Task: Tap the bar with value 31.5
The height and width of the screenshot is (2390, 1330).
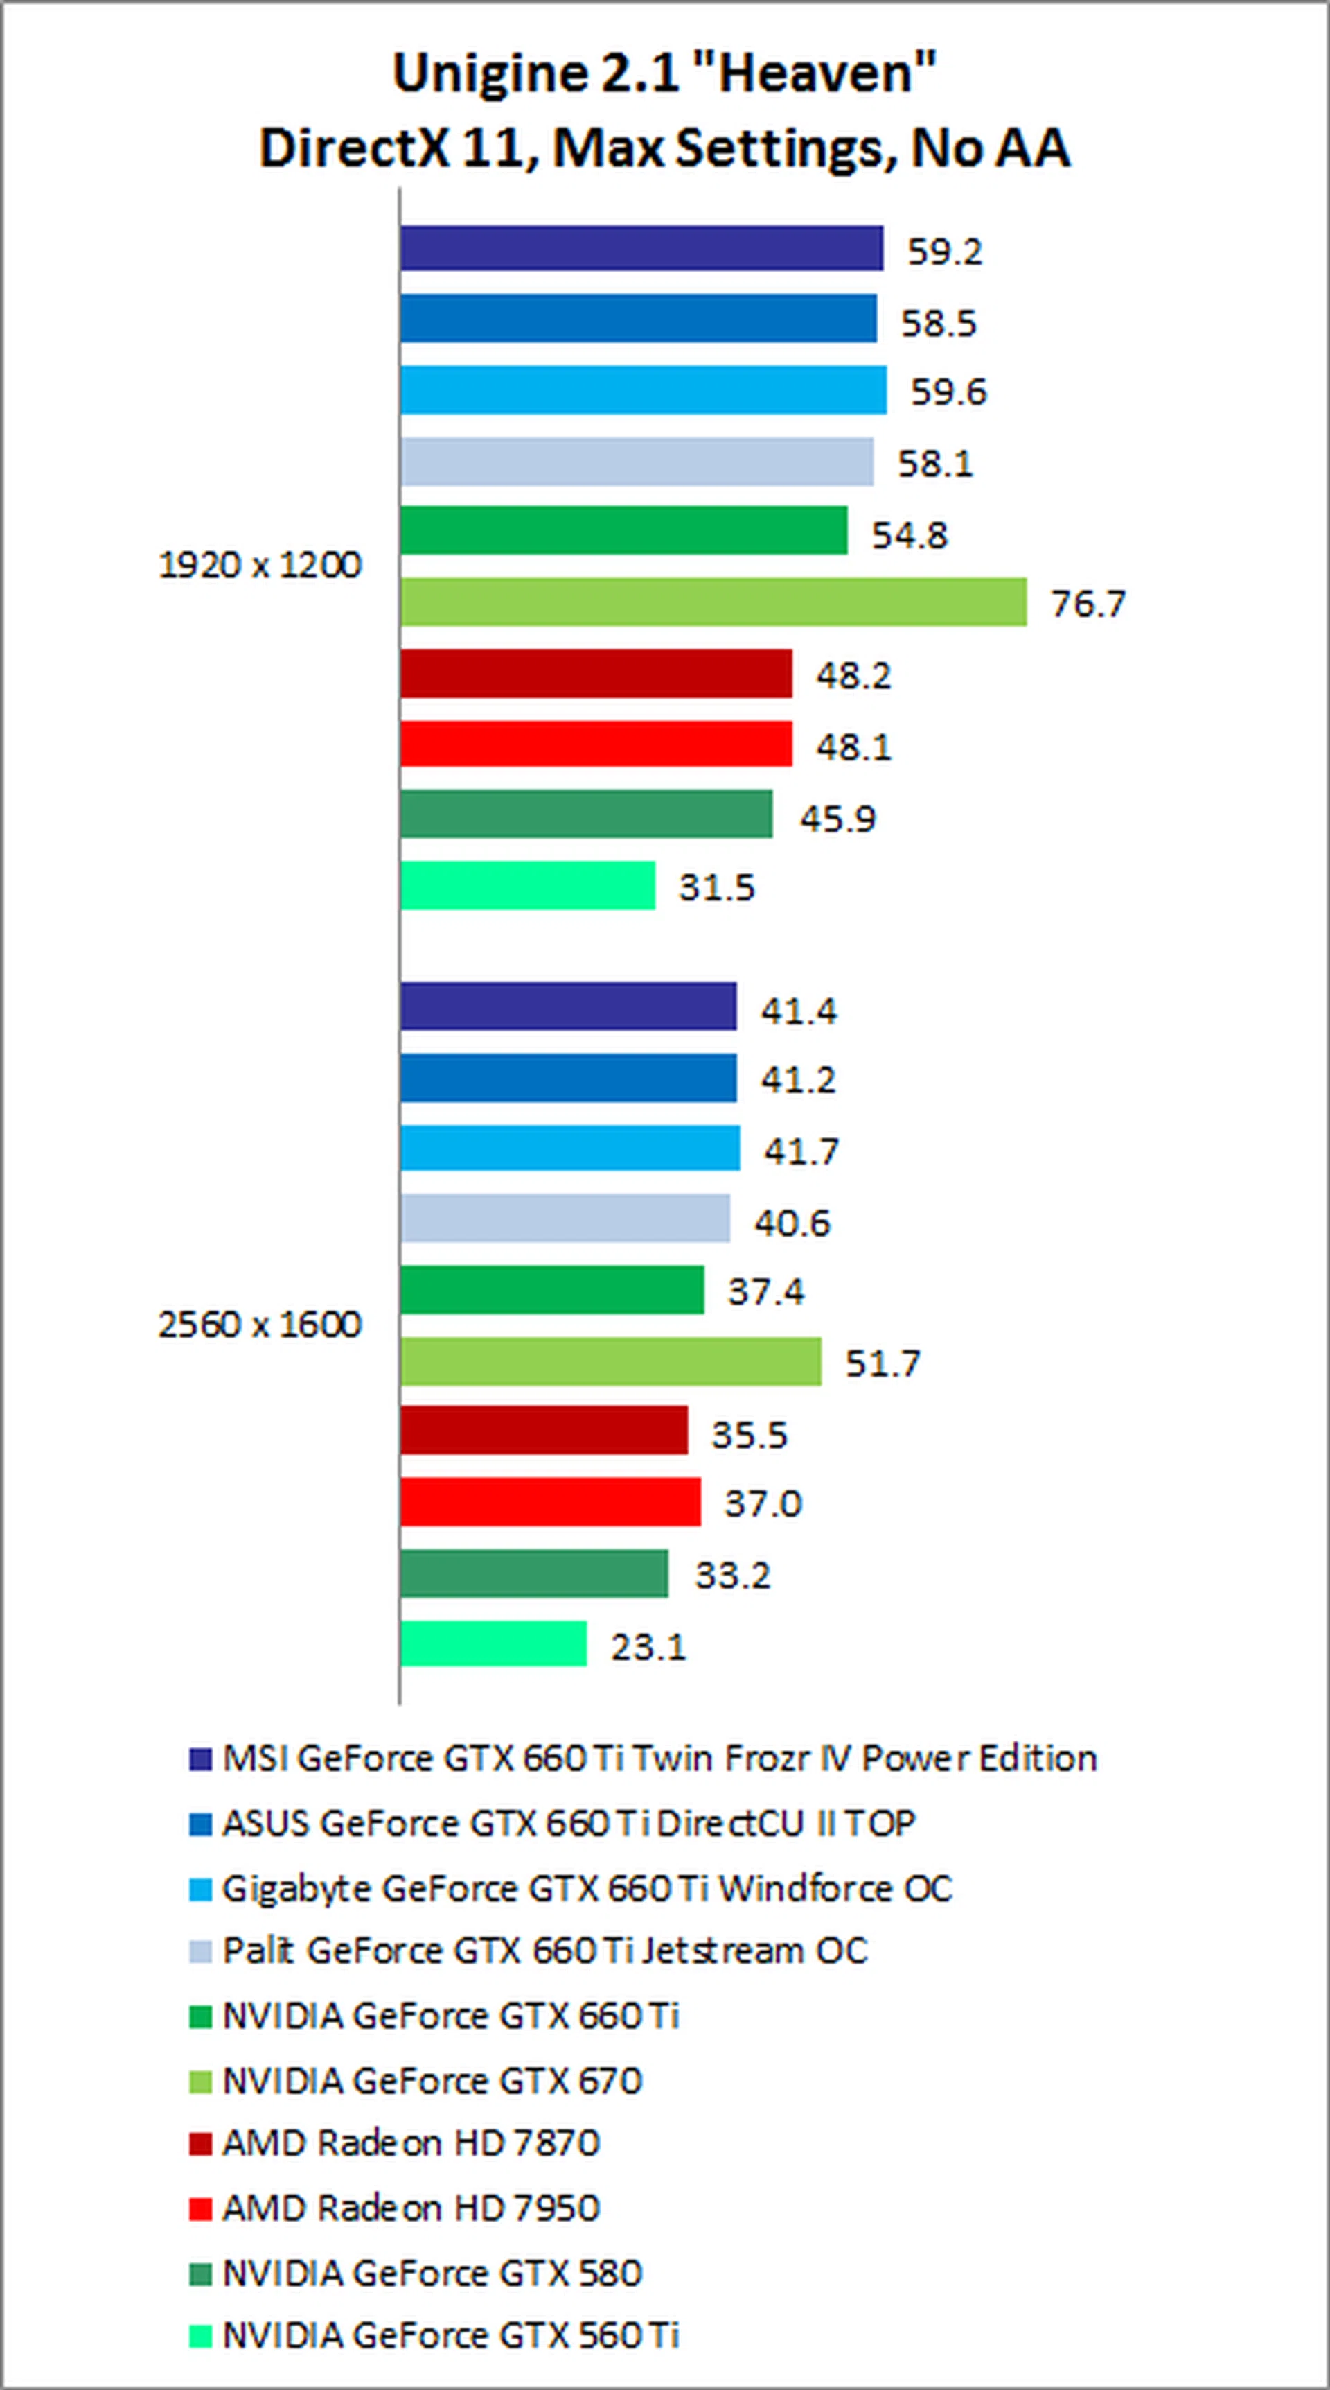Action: click(x=528, y=885)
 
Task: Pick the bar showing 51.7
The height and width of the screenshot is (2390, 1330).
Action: click(x=610, y=1361)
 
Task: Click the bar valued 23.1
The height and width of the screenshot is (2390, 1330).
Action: click(x=493, y=1645)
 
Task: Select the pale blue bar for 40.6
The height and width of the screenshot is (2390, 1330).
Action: click(x=565, y=1218)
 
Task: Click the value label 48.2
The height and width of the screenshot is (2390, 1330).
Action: click(x=853, y=675)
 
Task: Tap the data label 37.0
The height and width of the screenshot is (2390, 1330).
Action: click(x=763, y=1503)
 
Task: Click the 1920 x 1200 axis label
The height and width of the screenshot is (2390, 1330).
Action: click(x=260, y=565)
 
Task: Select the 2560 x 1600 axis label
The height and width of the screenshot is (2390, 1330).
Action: click(x=260, y=1325)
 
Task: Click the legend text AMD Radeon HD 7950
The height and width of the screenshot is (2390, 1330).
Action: click(x=411, y=2208)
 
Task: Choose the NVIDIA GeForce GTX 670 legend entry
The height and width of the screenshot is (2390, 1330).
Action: click(x=432, y=2081)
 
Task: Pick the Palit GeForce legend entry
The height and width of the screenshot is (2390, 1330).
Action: click(x=544, y=1951)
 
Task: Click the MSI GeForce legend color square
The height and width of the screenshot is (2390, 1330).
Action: click(x=200, y=1760)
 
